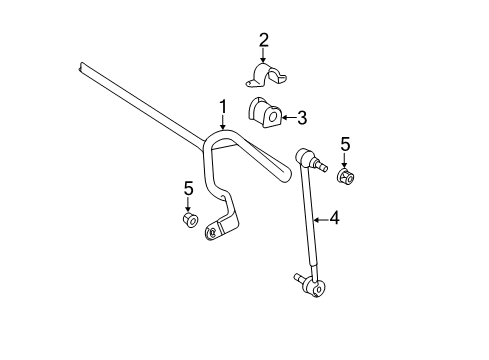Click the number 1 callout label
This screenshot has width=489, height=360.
[224, 106]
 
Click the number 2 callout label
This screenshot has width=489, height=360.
[264, 41]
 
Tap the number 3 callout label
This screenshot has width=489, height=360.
[302, 118]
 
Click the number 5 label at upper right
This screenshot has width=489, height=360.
[345, 146]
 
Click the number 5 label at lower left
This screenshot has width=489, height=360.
[187, 187]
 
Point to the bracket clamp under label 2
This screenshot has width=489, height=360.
[266, 76]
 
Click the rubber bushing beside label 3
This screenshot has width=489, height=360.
[266, 115]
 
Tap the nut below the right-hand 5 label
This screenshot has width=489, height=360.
[346, 180]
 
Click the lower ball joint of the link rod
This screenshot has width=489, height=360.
[313, 287]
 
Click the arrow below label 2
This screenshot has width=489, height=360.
[264, 58]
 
